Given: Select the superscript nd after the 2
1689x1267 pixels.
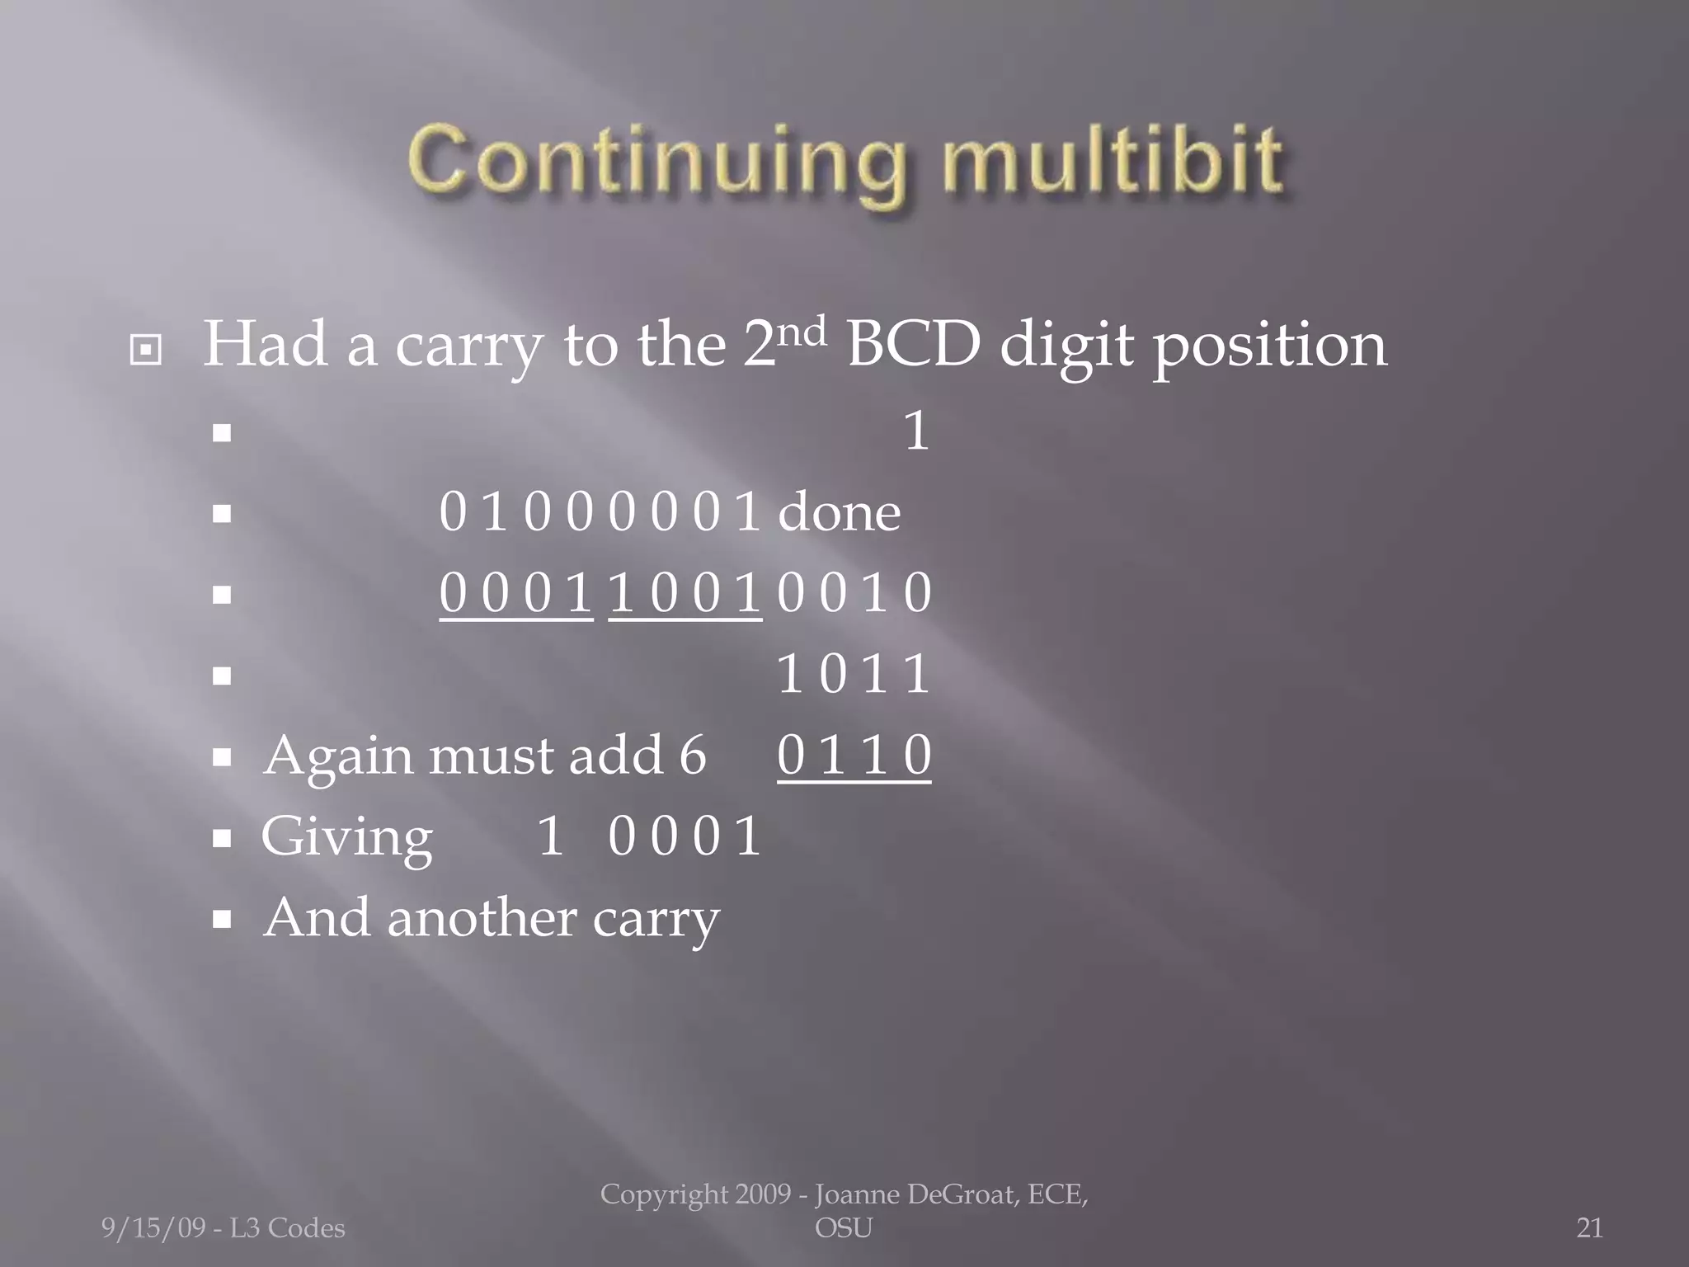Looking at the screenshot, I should click(x=802, y=334).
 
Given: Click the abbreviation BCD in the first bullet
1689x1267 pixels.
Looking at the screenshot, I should click(x=913, y=345).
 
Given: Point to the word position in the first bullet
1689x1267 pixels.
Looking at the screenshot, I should click(x=1269, y=346).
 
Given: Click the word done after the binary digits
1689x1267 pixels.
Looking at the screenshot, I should click(x=839, y=513).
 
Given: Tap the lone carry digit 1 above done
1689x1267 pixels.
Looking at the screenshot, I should click(x=916, y=431).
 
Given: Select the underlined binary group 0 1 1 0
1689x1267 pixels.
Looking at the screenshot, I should click(x=854, y=756).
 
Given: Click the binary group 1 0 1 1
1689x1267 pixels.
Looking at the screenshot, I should click(x=854, y=675).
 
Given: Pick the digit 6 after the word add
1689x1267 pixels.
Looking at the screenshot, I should click(x=693, y=756).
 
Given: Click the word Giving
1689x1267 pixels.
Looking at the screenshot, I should click(x=346, y=838).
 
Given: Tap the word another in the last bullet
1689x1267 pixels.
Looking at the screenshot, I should click(x=481, y=918).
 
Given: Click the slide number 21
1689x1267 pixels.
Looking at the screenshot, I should click(x=1589, y=1228).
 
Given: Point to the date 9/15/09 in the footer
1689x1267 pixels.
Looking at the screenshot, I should click(x=153, y=1228).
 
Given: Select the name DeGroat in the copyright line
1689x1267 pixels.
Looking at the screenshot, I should click(x=957, y=1194).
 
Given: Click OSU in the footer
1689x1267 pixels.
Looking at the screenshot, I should click(x=843, y=1228).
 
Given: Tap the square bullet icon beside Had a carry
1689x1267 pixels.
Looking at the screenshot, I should click(x=146, y=351).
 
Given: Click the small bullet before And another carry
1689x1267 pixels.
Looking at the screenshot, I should click(x=221, y=920).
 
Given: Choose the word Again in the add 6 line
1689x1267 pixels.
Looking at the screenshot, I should click(x=336, y=757).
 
